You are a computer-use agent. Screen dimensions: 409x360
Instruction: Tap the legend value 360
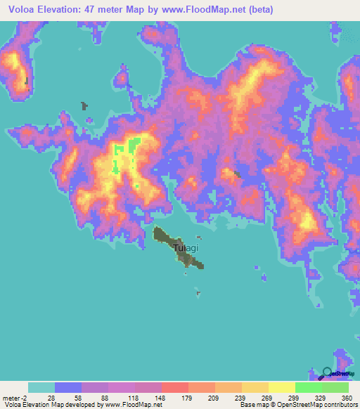coord(347,397)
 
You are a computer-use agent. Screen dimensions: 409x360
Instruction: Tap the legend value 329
coord(320,397)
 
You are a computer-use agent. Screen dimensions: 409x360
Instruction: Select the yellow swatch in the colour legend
coord(281,387)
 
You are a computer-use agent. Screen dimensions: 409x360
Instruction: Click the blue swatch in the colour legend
coord(67,387)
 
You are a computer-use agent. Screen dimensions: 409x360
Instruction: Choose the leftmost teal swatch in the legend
coord(41,387)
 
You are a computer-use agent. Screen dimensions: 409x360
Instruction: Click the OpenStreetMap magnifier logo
coord(327,373)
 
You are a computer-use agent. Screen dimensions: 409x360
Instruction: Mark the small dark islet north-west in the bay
coord(84,106)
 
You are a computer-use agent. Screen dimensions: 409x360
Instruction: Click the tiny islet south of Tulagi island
coord(198,294)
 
